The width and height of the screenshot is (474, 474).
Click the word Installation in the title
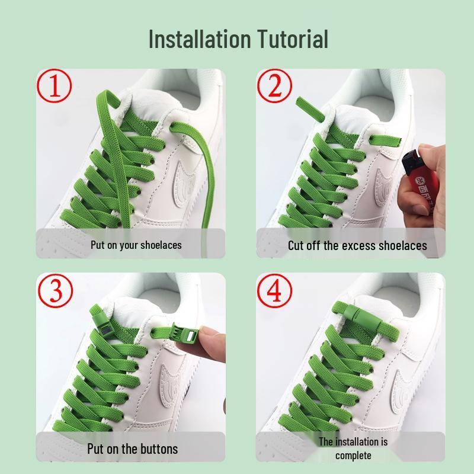click(x=200, y=39)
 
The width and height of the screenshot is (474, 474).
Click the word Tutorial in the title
click(x=293, y=39)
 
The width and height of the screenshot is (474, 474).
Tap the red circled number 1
click(x=55, y=85)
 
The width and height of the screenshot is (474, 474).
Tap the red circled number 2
click(x=274, y=85)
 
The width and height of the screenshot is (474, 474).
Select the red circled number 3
click(x=55, y=290)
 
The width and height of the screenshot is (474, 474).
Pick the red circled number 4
click(x=274, y=290)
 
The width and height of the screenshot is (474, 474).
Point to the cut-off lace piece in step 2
click(x=310, y=109)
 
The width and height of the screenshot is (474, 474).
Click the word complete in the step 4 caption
click(x=353, y=455)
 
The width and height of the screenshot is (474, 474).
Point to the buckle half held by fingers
click(x=182, y=334)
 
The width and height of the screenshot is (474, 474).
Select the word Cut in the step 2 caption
click(x=296, y=245)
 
